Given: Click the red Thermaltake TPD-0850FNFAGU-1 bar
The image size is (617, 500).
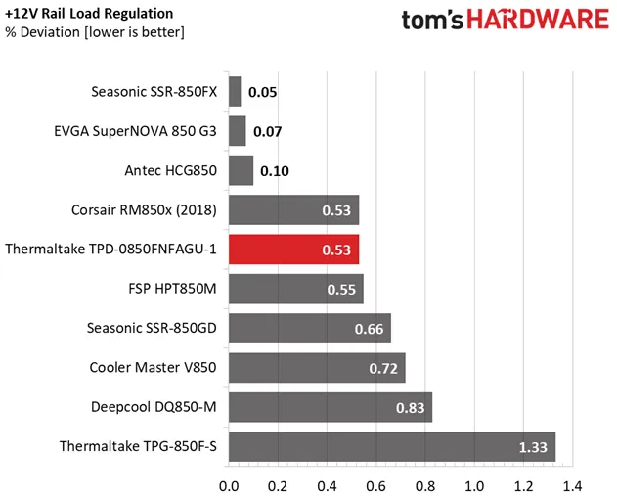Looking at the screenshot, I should click(x=293, y=250).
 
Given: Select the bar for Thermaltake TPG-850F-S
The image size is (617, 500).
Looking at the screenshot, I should click(x=391, y=447).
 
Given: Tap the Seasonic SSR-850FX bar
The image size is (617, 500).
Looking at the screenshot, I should click(x=235, y=92).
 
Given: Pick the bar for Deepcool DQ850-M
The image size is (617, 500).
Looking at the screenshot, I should click(x=330, y=407).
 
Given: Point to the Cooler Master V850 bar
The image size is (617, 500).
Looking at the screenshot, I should click(x=316, y=368).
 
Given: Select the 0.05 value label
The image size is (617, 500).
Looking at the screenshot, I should click(x=262, y=93).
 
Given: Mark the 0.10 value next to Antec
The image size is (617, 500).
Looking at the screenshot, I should click(x=275, y=171).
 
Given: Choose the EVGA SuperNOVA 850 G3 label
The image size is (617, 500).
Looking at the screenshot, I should click(x=136, y=131).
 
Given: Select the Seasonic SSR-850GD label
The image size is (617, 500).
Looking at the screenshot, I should click(x=151, y=329).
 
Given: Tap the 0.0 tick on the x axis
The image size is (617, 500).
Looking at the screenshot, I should click(x=230, y=485).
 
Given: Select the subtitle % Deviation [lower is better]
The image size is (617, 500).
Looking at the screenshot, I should click(x=95, y=32).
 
